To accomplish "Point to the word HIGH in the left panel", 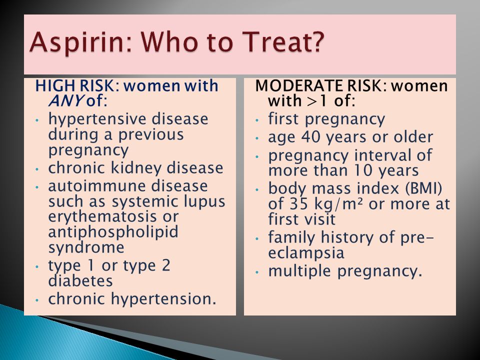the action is pos(54,85).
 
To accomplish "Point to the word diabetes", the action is pos(80,280).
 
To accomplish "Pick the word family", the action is pos(291,238).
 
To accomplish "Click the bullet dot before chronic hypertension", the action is pos(37,300).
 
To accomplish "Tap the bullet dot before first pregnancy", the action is pos(257,120).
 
